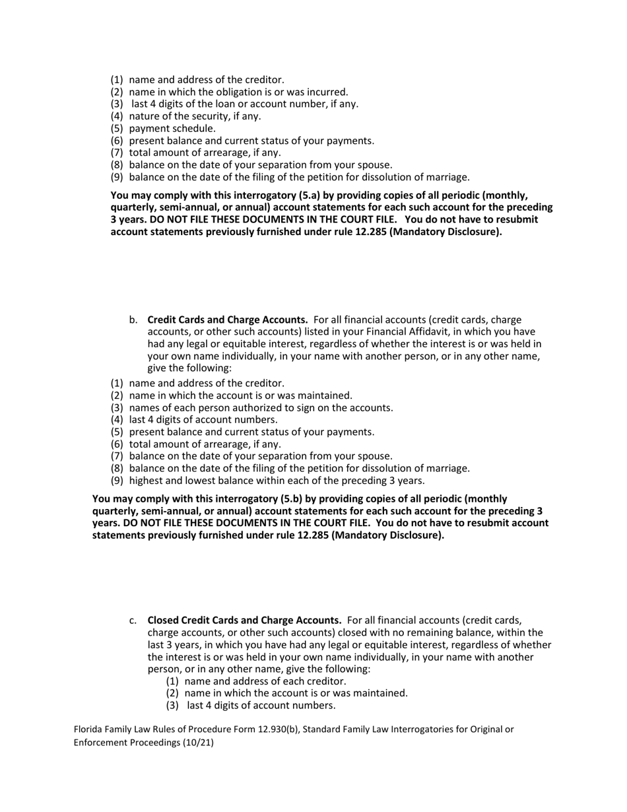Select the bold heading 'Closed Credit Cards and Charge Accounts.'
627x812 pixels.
click(244, 621)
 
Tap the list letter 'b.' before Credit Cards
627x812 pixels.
click(133, 320)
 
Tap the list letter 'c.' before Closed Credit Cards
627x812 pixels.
click(133, 621)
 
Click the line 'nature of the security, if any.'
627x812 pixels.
click(195, 116)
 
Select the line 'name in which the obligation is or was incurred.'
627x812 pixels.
click(238, 92)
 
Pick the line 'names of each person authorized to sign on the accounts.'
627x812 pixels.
click(261, 408)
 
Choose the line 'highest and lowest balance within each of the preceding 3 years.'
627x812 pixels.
click(277, 481)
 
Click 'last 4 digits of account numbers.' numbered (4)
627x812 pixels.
click(203, 420)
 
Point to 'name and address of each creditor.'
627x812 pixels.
click(265, 681)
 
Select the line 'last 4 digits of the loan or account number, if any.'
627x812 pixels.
click(245, 104)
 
